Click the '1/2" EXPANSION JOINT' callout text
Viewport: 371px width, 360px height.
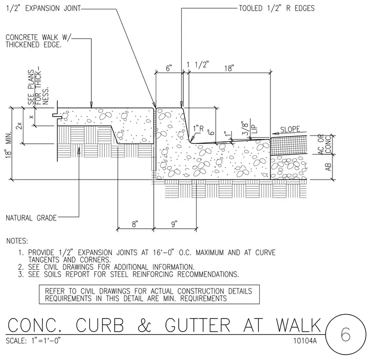click(x=43, y=8)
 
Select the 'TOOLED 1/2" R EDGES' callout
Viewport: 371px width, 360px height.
click(x=277, y=8)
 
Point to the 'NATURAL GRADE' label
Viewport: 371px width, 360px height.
click(x=31, y=218)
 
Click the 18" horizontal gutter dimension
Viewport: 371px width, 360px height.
click(x=229, y=68)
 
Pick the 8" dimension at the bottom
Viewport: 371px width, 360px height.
click(x=135, y=224)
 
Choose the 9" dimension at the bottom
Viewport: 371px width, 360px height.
click(x=174, y=224)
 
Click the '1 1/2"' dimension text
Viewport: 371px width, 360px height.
click(x=198, y=64)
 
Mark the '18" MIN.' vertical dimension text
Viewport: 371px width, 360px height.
click(x=8, y=144)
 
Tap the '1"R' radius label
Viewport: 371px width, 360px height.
click(x=198, y=129)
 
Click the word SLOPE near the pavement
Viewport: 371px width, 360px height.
click(x=290, y=129)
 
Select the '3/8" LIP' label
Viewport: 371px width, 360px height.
click(x=249, y=129)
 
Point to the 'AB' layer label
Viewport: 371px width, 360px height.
click(x=328, y=167)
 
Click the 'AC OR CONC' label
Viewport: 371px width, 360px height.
click(x=325, y=144)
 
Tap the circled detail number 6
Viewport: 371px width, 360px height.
click(x=346, y=334)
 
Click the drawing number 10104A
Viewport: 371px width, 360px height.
click(x=305, y=340)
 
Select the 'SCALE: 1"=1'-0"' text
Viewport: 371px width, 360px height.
click(x=33, y=340)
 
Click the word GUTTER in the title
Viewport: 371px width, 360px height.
click(x=198, y=325)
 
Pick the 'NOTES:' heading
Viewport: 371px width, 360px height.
click(x=17, y=241)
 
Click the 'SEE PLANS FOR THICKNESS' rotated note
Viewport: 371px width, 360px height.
click(x=38, y=87)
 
